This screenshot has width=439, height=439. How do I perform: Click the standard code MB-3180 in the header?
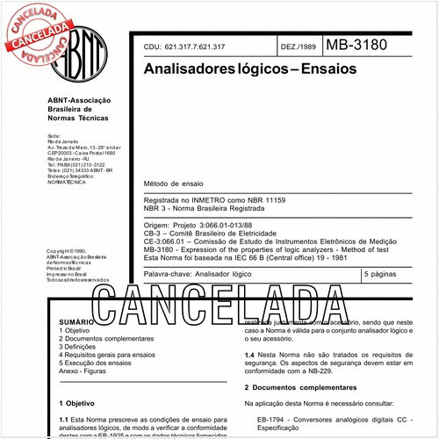pyautogui.click(x=356, y=46)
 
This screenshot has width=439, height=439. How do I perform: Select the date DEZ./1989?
pyautogui.click(x=298, y=47)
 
